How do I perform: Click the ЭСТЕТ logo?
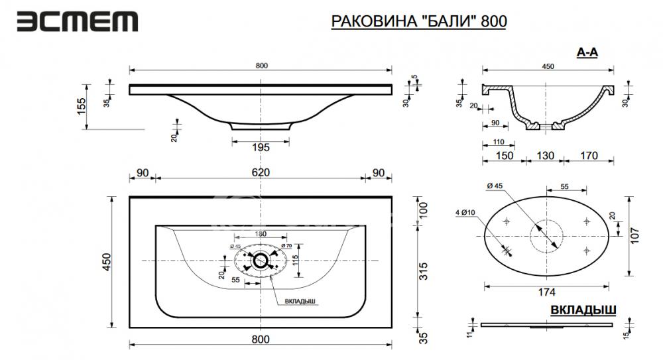tap(78, 22)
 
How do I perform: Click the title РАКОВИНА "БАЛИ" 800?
tap(418, 21)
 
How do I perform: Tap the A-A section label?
tap(587, 52)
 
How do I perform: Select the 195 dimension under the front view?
tap(261, 147)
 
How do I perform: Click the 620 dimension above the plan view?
tap(261, 172)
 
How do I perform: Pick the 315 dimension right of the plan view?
tap(423, 271)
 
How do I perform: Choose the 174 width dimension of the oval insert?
tap(547, 292)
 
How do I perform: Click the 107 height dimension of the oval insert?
tap(634, 235)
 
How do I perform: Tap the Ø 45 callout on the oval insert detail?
tap(495, 186)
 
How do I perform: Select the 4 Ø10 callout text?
tap(465, 212)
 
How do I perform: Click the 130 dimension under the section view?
tap(546, 156)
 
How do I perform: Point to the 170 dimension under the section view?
tap(589, 156)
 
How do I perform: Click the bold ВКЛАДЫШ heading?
tap(583, 310)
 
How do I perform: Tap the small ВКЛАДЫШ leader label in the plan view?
tap(300, 301)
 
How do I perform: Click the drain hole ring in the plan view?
tap(259, 261)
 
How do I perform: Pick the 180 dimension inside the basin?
tap(261, 233)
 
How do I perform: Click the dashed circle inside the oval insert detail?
tap(547, 236)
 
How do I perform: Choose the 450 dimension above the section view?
tap(548, 66)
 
